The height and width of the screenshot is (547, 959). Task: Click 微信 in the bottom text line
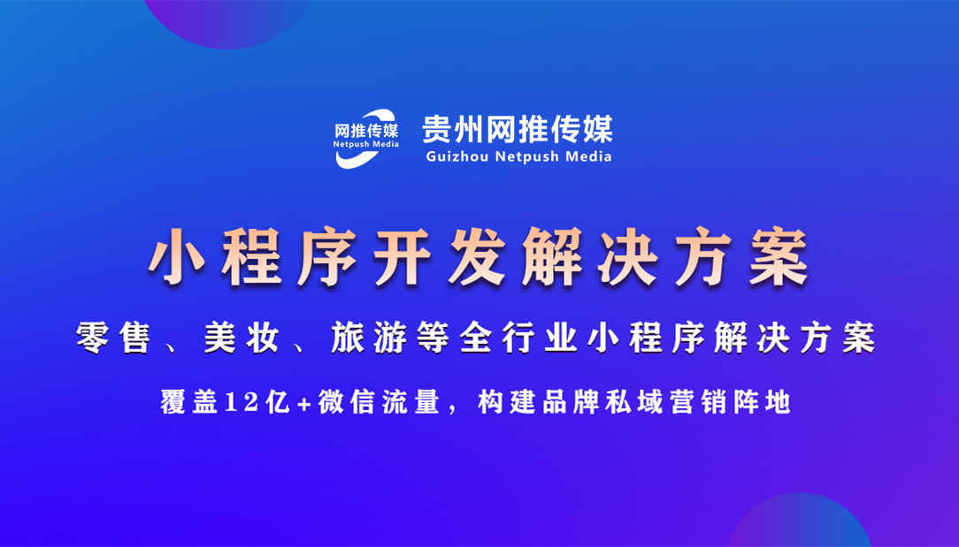coord(335,403)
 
